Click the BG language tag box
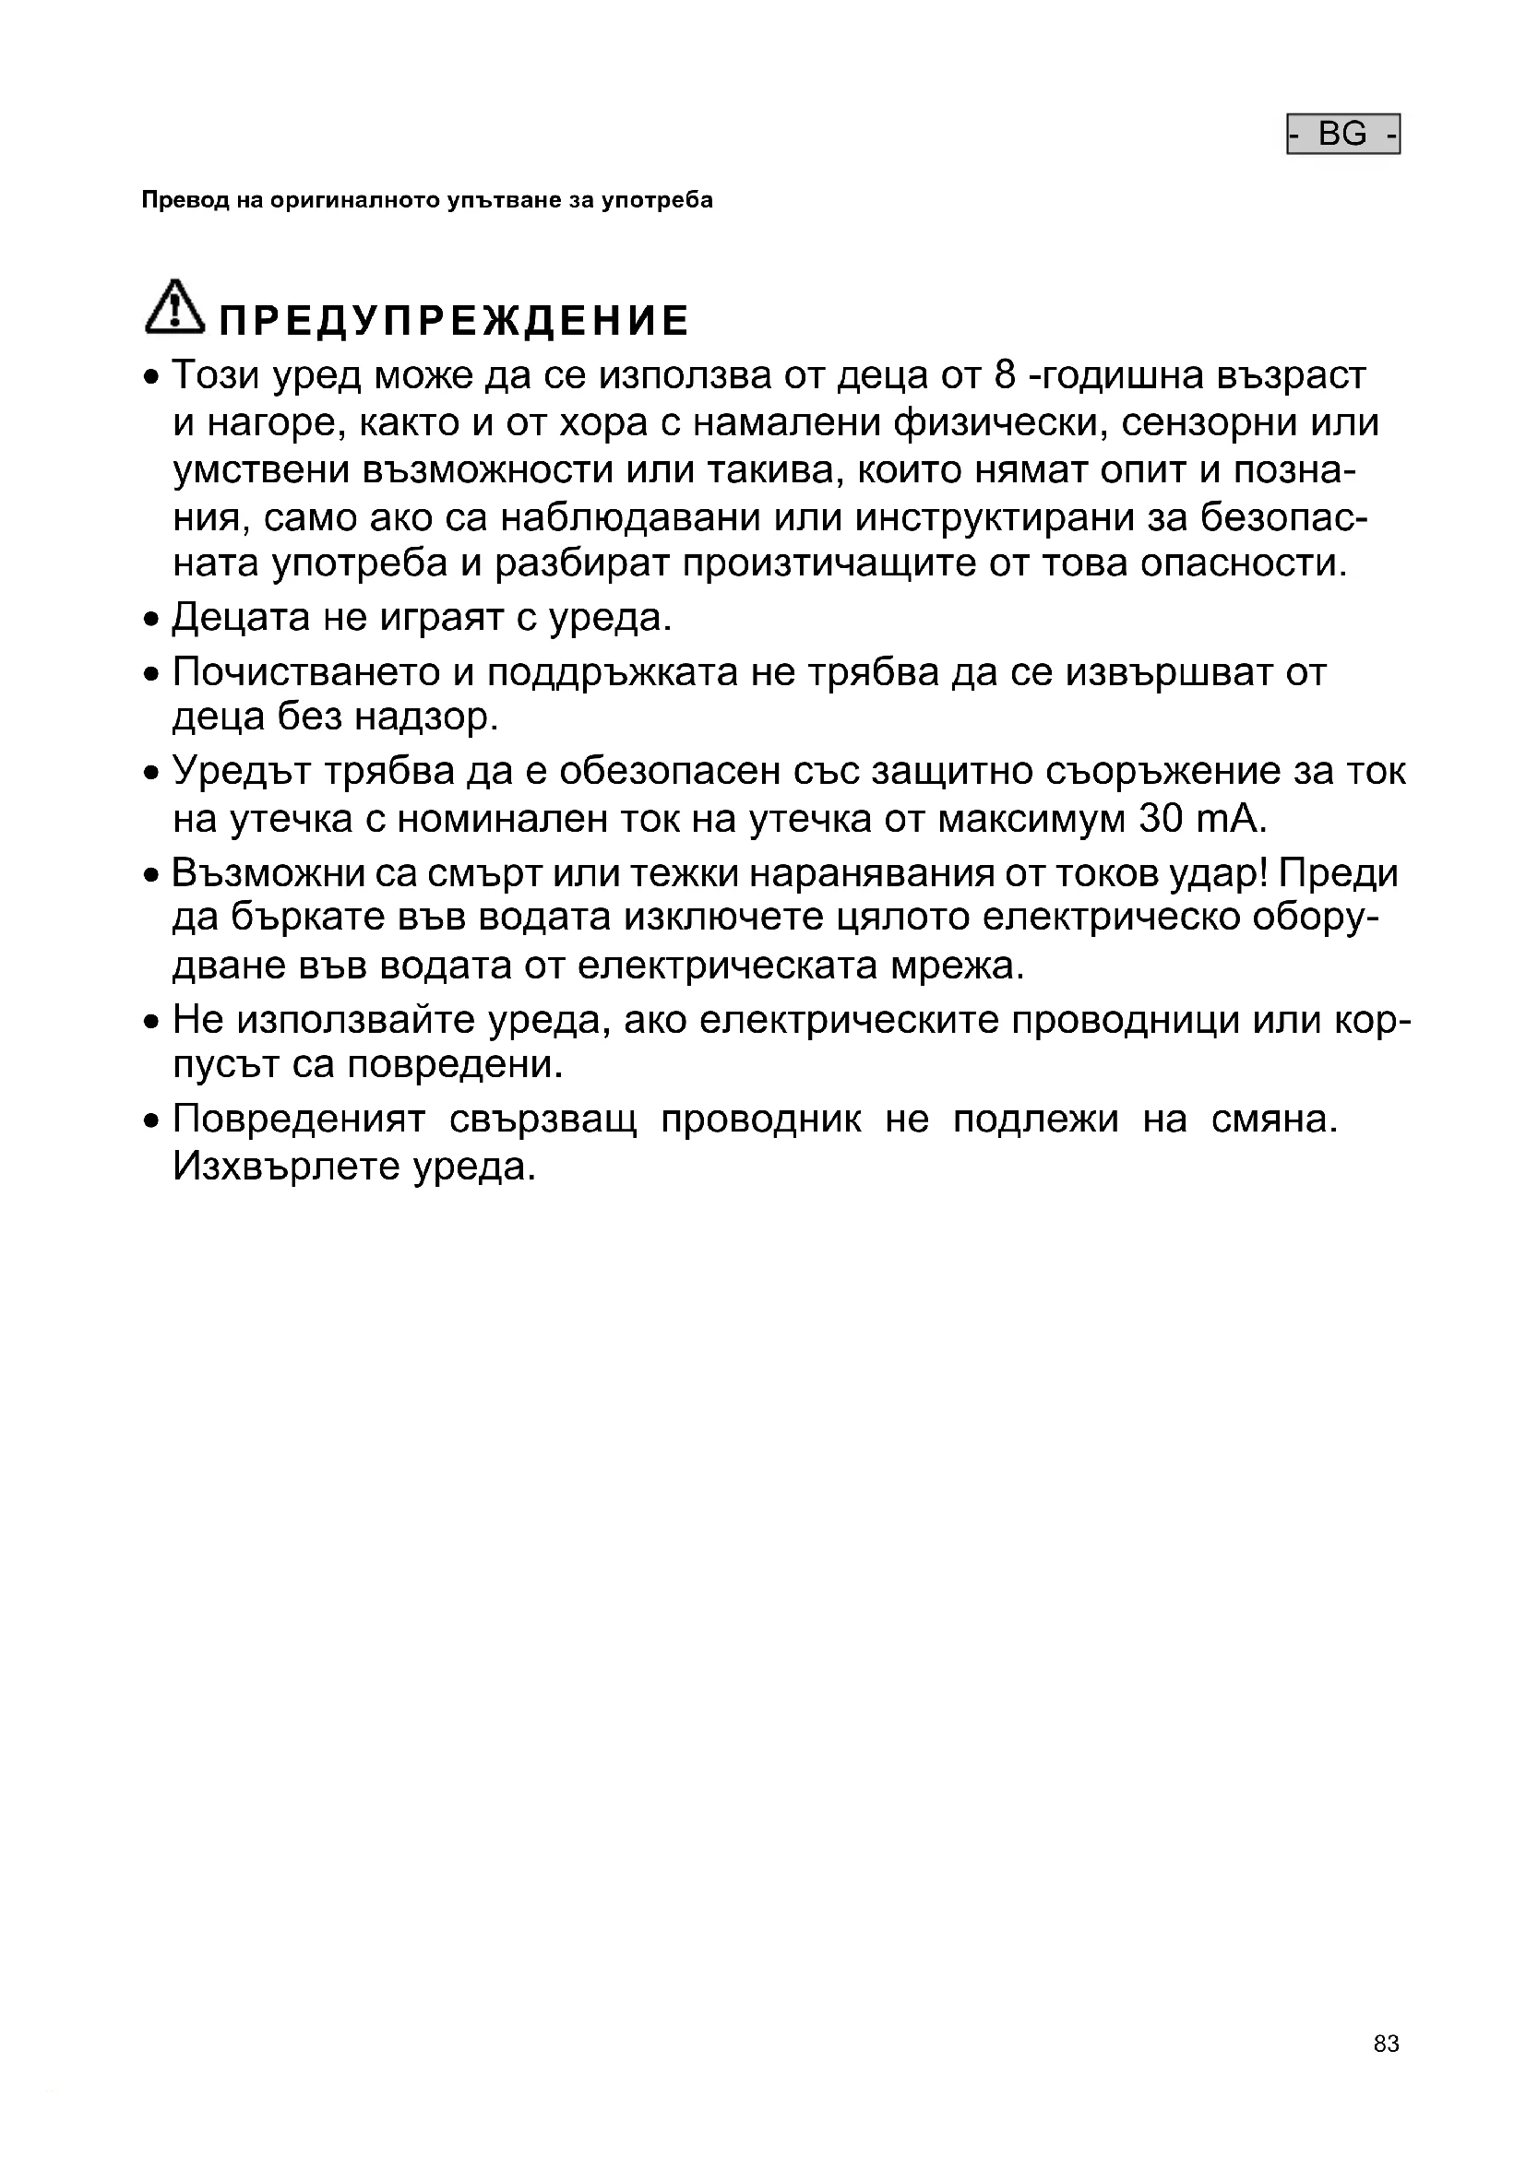coord(1342,135)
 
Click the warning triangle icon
coord(173,307)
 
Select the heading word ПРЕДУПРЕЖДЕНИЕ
coord(454,321)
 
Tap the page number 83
coord(1386,2069)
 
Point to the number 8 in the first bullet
coord(1005,375)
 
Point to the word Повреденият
coord(299,1119)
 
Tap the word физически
coord(998,423)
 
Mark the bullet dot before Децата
coord(152,621)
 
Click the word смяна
coord(1273,1119)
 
